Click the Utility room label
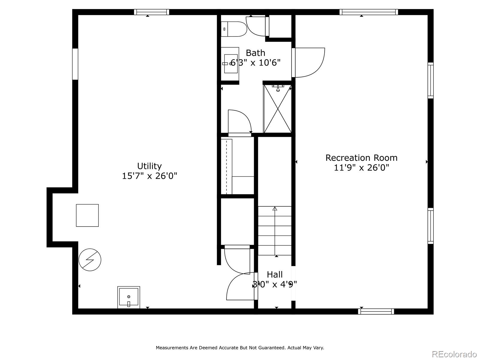(x=149, y=166)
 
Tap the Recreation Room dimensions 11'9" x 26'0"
(x=361, y=167)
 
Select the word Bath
(x=255, y=53)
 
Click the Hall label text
(x=274, y=274)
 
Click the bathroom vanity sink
(x=231, y=64)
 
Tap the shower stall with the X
(x=277, y=109)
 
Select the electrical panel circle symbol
(x=90, y=260)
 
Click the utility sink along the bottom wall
(x=128, y=297)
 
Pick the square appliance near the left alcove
(x=87, y=215)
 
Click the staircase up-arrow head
(x=275, y=208)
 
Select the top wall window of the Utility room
(x=151, y=12)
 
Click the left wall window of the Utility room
(x=75, y=64)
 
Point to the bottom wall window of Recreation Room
(x=376, y=311)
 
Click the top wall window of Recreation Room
(x=369, y=12)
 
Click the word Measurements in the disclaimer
(x=172, y=348)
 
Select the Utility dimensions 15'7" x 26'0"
(x=149, y=176)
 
